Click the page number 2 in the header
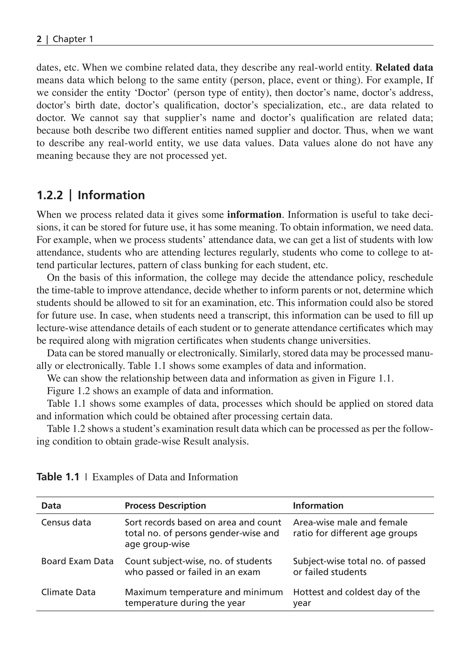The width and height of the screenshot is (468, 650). coord(39,39)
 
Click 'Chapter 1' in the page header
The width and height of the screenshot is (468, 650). coord(73,39)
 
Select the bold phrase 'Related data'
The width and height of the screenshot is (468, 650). coord(404,67)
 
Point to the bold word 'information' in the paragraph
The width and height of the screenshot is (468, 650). coord(254,215)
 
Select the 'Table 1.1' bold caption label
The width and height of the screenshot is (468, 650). coord(58,477)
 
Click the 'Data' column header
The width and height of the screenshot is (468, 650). coord(51,506)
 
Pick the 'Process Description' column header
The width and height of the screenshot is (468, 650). coord(165,506)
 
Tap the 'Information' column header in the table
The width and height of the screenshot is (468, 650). coord(318,506)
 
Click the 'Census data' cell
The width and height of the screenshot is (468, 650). coord(66,522)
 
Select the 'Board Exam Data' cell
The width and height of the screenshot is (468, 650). coord(77,561)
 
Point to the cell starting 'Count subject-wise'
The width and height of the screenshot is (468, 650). coord(198,566)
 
